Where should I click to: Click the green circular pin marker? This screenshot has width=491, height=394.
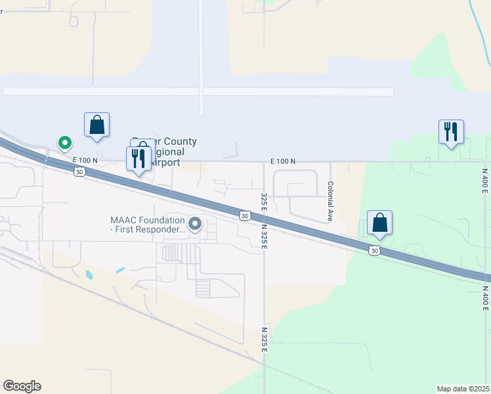pos(64,142)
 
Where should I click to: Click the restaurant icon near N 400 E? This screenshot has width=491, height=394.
pos(451,132)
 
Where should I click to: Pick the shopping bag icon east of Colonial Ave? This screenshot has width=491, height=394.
pos(379,223)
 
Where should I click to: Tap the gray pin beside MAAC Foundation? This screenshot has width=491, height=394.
pos(195,225)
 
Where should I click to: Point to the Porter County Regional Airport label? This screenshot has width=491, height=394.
pos(165,152)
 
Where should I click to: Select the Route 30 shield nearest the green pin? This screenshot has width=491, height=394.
pos(79,171)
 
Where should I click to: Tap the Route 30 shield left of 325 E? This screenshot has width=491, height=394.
pos(244,215)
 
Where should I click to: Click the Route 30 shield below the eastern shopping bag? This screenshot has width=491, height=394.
pos(374,250)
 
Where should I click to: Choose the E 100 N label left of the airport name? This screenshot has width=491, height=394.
pos(85,160)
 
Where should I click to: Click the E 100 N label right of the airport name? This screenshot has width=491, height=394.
pos(283,161)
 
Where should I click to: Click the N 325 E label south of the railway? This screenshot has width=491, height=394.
pos(265,339)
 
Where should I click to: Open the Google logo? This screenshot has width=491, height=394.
pos(22,386)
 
